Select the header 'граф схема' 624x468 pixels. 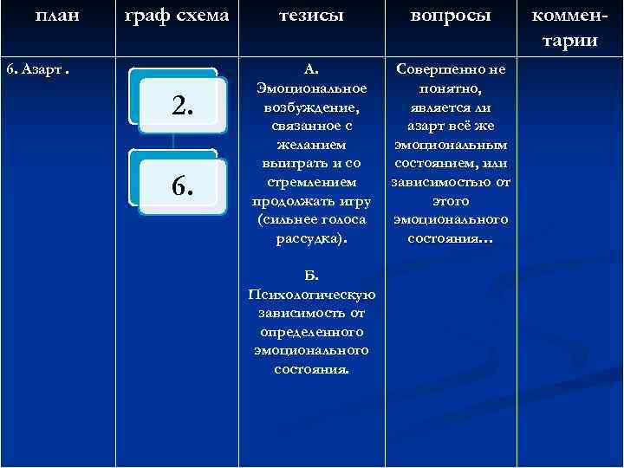coord(176,15)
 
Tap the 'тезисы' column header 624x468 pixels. coord(311,15)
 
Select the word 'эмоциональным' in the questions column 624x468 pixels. coord(451,145)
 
